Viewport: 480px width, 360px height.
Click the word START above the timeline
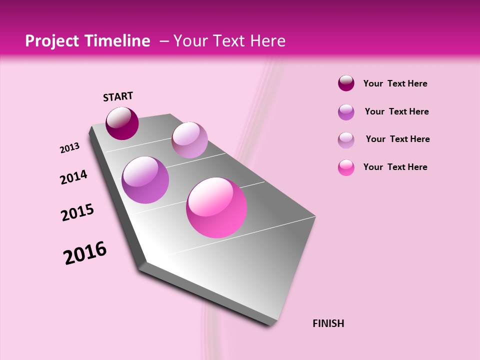pyautogui.click(x=118, y=96)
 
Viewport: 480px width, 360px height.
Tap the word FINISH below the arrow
pyautogui.click(x=328, y=323)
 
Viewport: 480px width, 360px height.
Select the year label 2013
pyautogui.click(x=69, y=147)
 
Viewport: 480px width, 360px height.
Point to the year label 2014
pyautogui.click(x=73, y=177)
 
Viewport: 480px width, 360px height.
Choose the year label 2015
pyautogui.click(x=77, y=212)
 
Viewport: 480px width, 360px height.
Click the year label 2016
pyautogui.click(x=85, y=252)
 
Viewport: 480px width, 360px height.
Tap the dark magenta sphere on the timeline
pyautogui.click(x=122, y=123)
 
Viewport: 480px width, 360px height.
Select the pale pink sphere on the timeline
pyautogui.click(x=189, y=140)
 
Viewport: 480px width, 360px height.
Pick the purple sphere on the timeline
pyautogui.click(x=145, y=179)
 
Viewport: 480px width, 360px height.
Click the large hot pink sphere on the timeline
pyautogui.click(x=216, y=207)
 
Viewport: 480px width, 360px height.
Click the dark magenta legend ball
pyautogui.click(x=346, y=83)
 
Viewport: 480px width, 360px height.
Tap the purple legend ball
pyautogui.click(x=346, y=111)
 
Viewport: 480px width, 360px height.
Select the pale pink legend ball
pyautogui.click(x=346, y=139)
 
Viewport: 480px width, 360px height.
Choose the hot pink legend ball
pyautogui.click(x=346, y=167)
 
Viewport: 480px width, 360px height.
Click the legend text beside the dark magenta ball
pyautogui.click(x=395, y=83)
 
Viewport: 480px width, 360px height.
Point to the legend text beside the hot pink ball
pyautogui.click(x=395, y=167)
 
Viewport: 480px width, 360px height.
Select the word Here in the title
pyautogui.click(x=267, y=41)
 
